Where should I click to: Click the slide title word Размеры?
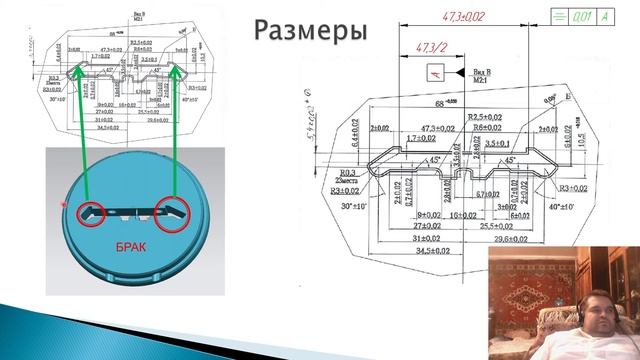click(x=309, y=30)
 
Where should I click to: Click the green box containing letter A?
click(x=604, y=17)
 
